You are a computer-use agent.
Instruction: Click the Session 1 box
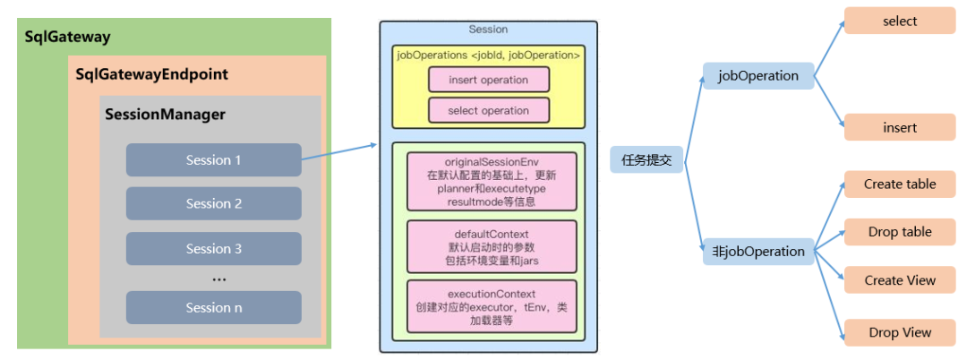213,160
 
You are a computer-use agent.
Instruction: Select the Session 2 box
213,203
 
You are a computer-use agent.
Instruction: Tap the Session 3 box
213,248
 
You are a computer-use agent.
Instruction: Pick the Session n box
213,307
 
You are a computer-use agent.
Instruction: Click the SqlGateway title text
67,37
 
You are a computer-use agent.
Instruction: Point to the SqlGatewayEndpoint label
151,74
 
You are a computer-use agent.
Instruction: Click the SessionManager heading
165,115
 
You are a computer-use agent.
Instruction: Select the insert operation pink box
488,80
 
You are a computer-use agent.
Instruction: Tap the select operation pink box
488,110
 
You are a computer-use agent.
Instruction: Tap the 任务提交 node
646,160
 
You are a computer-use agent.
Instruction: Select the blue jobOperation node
757,76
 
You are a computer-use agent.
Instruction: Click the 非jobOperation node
757,252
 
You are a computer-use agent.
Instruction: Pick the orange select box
899,21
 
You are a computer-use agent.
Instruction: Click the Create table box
899,184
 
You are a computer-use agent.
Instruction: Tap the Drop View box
899,332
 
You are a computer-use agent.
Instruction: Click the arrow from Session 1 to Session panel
338,150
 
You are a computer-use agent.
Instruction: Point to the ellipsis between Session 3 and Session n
218,279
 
